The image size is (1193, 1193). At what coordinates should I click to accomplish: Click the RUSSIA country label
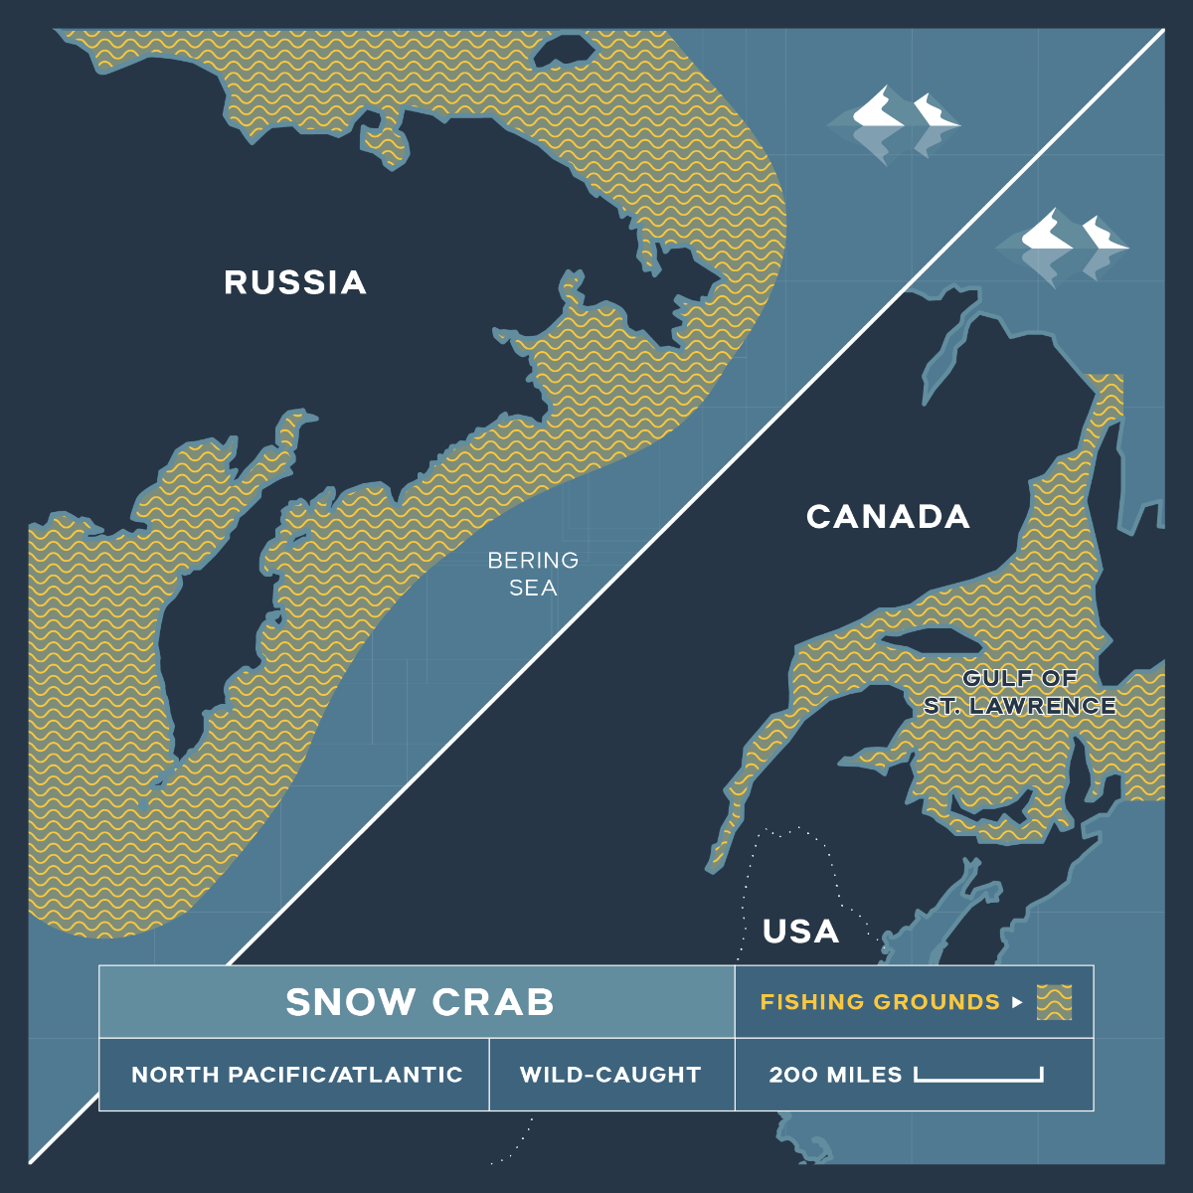coord(295,282)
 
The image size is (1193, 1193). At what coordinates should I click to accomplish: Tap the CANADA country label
coord(888,517)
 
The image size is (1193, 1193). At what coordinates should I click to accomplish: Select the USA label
coord(801,932)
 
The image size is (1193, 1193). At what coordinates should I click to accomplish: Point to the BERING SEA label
coord(533,574)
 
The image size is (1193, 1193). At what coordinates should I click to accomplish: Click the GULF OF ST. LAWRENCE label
coord(1020,692)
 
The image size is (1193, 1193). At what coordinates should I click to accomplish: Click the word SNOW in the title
coord(349,1002)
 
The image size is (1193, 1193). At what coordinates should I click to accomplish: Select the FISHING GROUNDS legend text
coord(880,1002)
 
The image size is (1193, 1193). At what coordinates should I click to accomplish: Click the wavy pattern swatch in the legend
coord(1054,1002)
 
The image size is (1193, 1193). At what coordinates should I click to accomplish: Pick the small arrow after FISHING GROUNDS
coord(1017,1002)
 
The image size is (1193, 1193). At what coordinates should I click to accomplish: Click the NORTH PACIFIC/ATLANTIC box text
coord(296,1075)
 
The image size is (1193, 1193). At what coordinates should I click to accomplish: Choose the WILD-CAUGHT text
coord(610,1075)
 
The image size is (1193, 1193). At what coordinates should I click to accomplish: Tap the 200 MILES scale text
coord(835,1075)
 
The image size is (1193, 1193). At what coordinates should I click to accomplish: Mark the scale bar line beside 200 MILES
coord(978,1078)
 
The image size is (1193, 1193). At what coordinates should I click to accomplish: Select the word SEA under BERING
coord(533,588)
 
